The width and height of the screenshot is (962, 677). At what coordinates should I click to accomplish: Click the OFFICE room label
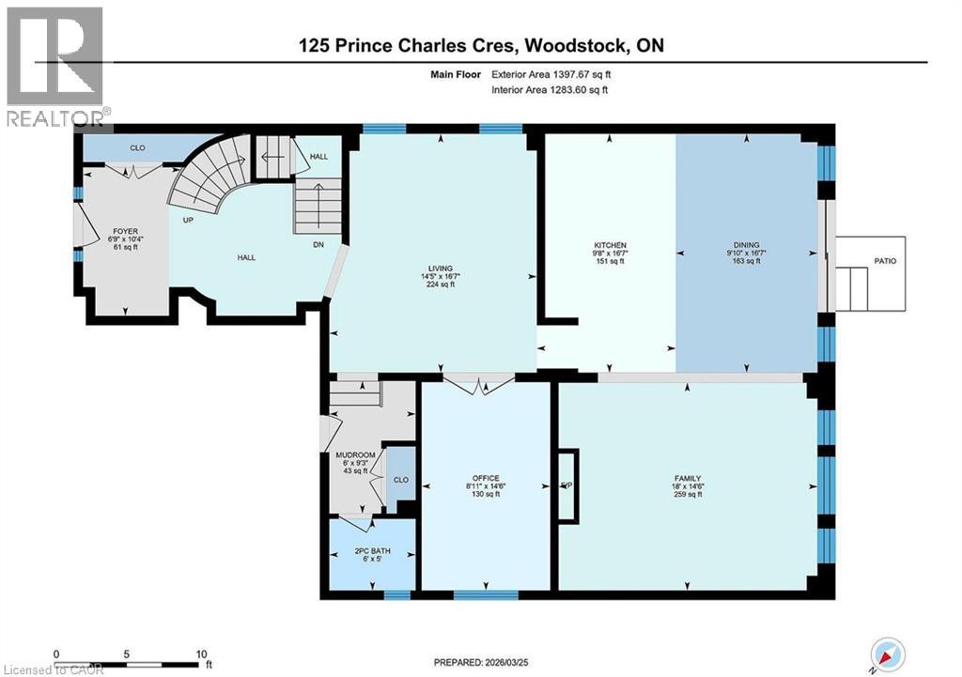486,478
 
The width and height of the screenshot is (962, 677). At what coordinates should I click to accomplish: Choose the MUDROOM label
356,455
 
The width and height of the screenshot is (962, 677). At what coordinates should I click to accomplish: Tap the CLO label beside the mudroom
400,478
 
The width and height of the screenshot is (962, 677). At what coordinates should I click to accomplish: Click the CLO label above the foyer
137,147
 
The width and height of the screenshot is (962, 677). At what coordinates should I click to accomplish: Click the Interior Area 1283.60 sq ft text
550,90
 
